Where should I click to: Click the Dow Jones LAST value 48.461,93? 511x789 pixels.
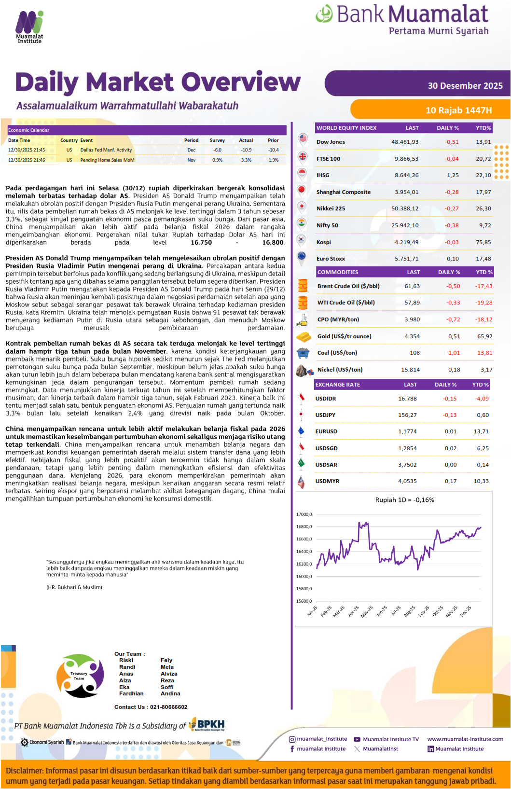[405, 142]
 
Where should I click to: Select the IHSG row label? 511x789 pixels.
[323, 175]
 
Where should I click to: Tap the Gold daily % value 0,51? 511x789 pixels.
[454, 336]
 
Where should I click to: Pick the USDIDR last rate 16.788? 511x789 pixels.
[407, 399]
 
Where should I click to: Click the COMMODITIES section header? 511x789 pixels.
[338, 272]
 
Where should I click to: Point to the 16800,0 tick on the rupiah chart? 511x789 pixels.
[304, 526]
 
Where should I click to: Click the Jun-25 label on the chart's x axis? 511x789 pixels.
[382, 611]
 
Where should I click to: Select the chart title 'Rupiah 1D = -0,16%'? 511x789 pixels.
[404, 500]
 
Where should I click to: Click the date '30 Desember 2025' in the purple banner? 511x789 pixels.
[465, 86]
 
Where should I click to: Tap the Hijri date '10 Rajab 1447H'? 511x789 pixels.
[458, 111]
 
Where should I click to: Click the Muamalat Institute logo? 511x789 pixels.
[29, 27]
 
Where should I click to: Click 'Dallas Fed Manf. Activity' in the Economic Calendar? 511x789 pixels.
[106, 150]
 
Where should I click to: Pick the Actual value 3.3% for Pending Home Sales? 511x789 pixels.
[246, 160]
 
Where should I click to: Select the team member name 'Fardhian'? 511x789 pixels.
[131, 693]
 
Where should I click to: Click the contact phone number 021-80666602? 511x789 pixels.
[168, 707]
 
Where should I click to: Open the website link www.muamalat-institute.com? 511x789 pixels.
[465, 739]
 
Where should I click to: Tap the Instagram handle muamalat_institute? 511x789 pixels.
[322, 739]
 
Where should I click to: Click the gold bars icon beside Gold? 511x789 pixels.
[304, 336]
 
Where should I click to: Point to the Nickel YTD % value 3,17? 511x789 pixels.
[486, 370]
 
